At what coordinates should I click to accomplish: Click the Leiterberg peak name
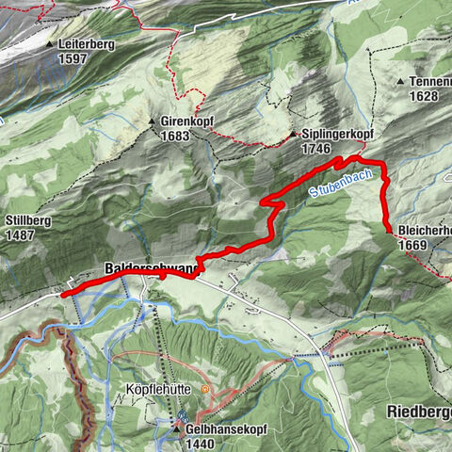86,44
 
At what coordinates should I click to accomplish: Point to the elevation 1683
175,137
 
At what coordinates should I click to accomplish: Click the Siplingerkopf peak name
337,135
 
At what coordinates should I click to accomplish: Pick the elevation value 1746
315,149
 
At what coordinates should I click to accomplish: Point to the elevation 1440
202,443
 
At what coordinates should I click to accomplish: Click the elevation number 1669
413,245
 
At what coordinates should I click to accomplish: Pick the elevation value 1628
425,96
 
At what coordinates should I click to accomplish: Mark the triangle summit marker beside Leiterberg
49,44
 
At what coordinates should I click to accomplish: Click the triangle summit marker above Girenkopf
151,122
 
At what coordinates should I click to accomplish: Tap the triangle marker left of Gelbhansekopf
176,428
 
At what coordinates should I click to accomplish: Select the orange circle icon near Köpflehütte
205,388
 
